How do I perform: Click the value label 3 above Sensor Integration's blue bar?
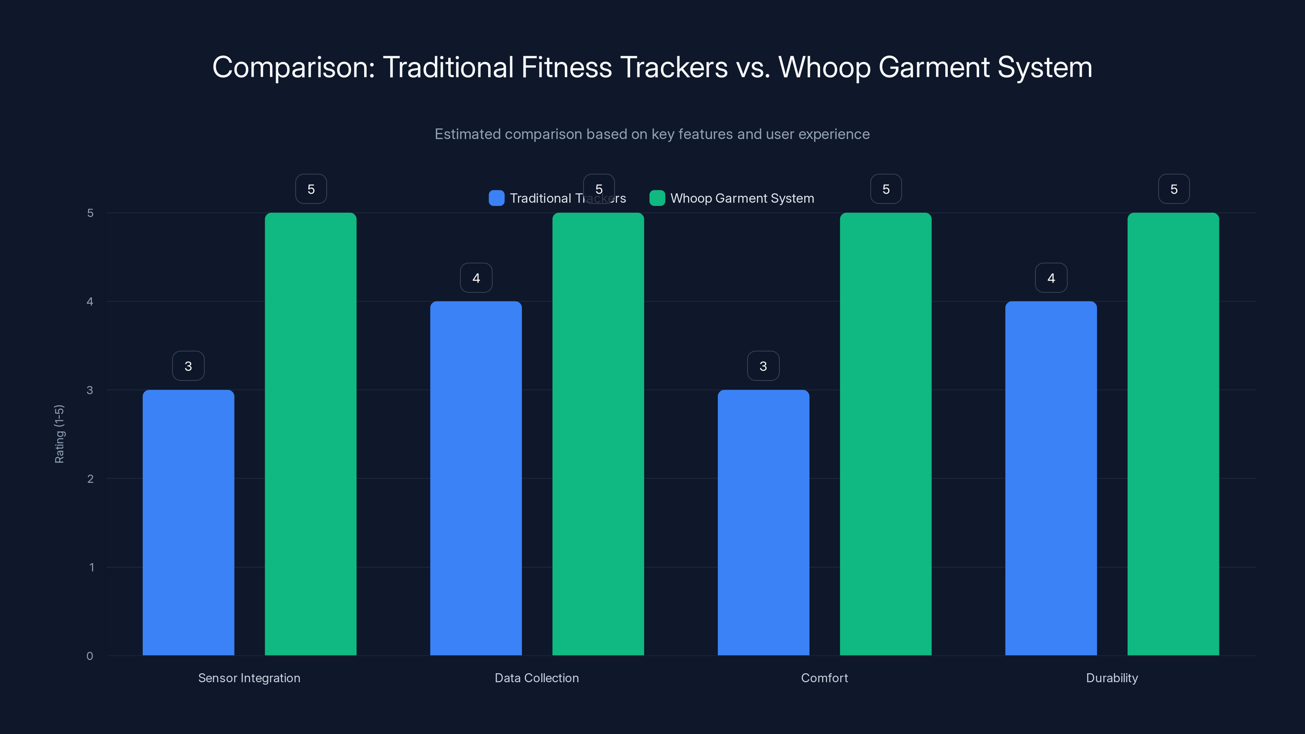[x=188, y=366]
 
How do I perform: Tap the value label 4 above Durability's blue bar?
[x=1051, y=278]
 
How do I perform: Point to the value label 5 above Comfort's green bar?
[x=885, y=189]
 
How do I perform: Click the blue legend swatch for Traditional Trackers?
[x=496, y=198]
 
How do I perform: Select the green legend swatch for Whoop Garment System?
[x=657, y=198]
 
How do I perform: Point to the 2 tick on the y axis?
[x=90, y=479]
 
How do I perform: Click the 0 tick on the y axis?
[x=90, y=656]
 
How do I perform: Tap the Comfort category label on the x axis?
[x=824, y=678]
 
